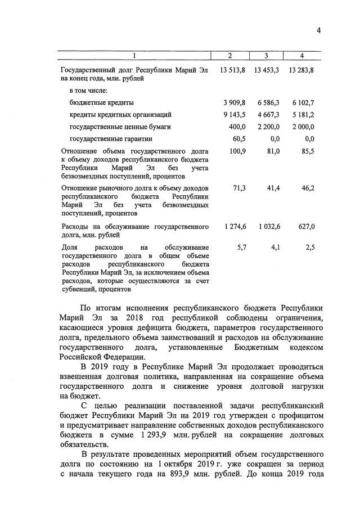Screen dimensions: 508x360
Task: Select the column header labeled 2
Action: pyautogui.click(x=229, y=55)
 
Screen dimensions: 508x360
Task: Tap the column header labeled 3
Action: pyautogui.click(x=266, y=55)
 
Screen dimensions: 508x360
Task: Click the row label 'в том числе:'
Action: pyautogui.click(x=88, y=90)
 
